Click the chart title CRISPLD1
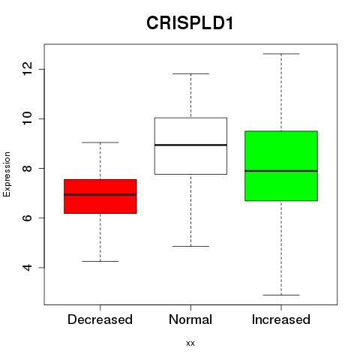tap(190, 23)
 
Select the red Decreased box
tap(100, 196)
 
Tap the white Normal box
tap(190, 145)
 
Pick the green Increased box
tap(281, 166)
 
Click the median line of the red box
tap(100, 194)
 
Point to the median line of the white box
tap(190, 145)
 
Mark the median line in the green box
tap(281, 171)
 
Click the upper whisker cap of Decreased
tap(100, 142)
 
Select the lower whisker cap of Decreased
tap(100, 261)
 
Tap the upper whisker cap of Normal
tap(190, 73)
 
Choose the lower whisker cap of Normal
tap(190, 246)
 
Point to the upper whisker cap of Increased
tap(281, 54)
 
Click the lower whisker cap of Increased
tap(281, 295)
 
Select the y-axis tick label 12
tap(27, 69)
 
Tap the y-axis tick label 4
tap(27, 268)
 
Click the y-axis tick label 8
tap(27, 168)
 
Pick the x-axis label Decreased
tap(100, 319)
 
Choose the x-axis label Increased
tap(281, 319)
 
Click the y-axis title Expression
tap(7, 174)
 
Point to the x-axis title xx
tap(190, 343)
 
